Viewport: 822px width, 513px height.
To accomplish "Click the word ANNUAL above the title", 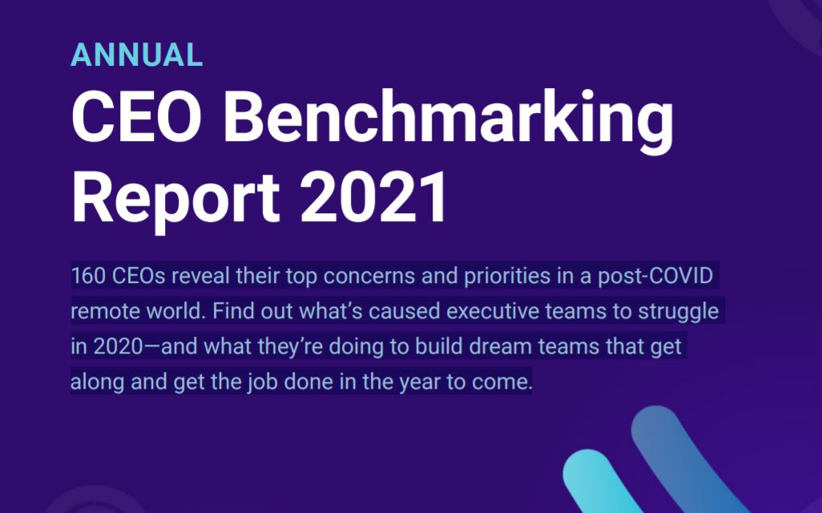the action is click(x=136, y=55).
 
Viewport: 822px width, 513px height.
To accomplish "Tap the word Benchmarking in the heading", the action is click(x=449, y=122).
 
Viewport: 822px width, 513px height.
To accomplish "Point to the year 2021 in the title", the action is click(x=374, y=197).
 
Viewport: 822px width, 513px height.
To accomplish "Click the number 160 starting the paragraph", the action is click(x=88, y=276).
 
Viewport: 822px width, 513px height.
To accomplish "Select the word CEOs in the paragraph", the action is click(x=139, y=276).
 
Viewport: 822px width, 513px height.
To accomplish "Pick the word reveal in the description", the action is click(x=201, y=276).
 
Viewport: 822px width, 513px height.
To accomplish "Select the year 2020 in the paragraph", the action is click(x=118, y=347).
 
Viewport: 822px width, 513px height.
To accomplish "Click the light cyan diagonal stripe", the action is click(x=602, y=483).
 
